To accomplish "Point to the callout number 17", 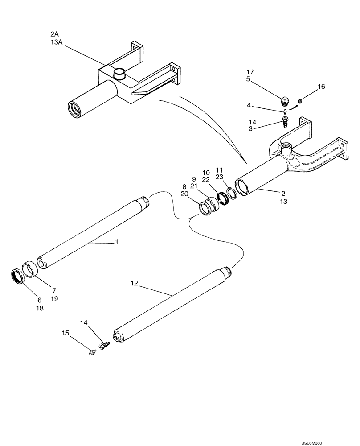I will point(250,72).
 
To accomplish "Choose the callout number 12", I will point(135,283).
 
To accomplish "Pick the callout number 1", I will point(117,242).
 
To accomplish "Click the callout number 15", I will point(65,333).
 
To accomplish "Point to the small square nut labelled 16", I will point(300,101).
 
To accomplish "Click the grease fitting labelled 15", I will point(93,352).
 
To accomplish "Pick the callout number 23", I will point(219,177).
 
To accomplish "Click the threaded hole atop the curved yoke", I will point(285,146).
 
